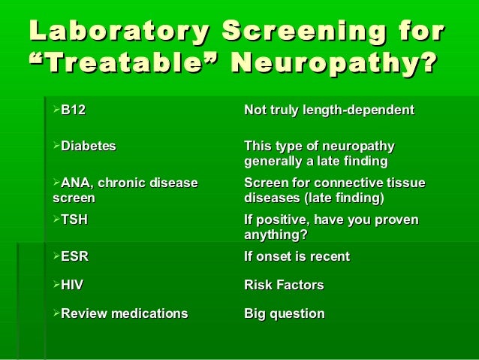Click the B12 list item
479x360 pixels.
click(73, 110)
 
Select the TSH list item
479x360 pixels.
click(74, 219)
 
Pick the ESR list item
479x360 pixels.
click(74, 256)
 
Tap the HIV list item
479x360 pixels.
click(72, 285)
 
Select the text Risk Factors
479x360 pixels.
click(284, 285)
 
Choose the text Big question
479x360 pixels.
click(285, 313)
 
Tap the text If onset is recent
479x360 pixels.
click(297, 256)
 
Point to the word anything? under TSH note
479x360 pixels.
click(276, 234)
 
